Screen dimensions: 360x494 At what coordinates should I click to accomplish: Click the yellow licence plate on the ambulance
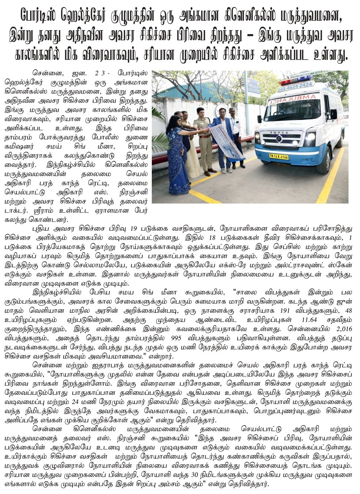point(279,156)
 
